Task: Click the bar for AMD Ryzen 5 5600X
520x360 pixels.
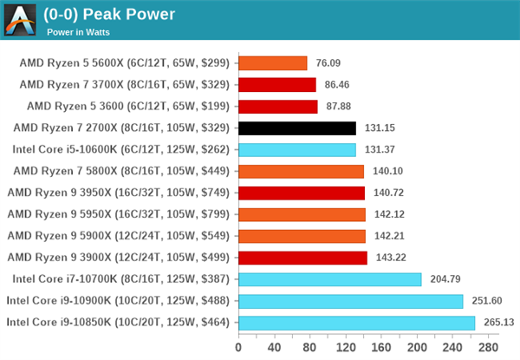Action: tap(272, 62)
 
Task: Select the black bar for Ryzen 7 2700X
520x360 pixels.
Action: tap(296, 128)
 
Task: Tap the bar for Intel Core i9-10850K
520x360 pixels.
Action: tap(356, 323)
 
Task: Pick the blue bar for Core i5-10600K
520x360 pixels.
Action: tap(296, 149)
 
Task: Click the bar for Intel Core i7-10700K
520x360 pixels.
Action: tap(329, 279)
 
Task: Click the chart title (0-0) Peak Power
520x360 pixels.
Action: tap(108, 14)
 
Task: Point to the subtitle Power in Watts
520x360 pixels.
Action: tap(84, 31)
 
